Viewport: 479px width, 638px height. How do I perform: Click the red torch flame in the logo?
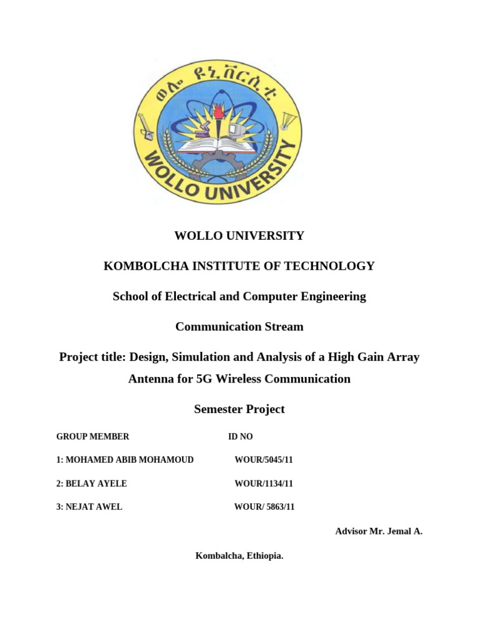(x=218, y=112)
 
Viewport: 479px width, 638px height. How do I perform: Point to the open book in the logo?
(x=218, y=144)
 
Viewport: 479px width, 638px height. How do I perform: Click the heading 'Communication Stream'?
(x=239, y=326)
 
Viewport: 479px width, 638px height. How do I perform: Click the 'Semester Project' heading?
(x=239, y=409)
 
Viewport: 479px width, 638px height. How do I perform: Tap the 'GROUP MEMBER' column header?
(x=93, y=436)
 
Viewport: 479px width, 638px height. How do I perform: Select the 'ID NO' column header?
(x=241, y=436)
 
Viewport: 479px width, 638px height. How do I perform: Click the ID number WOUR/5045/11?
(x=264, y=460)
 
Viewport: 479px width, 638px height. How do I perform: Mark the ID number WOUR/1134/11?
(x=264, y=483)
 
